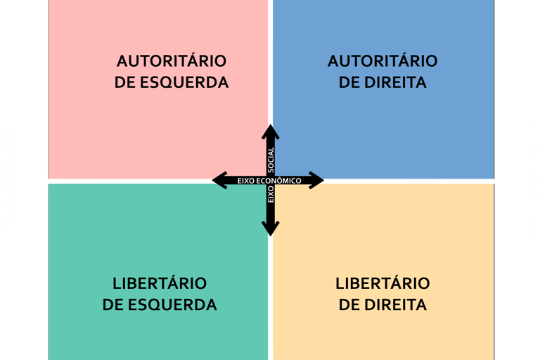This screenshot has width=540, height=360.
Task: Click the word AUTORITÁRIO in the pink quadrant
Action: point(172,60)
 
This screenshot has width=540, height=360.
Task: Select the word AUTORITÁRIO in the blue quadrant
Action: point(382,60)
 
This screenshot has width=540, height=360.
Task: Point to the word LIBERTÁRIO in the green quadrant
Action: point(160,283)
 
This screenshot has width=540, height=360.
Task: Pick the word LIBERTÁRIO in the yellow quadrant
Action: point(382,283)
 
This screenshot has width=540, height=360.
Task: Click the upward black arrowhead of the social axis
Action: point(271,131)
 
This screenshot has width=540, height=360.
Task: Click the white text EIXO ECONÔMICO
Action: point(269,181)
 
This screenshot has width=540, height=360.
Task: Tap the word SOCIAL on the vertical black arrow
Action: point(271,160)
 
